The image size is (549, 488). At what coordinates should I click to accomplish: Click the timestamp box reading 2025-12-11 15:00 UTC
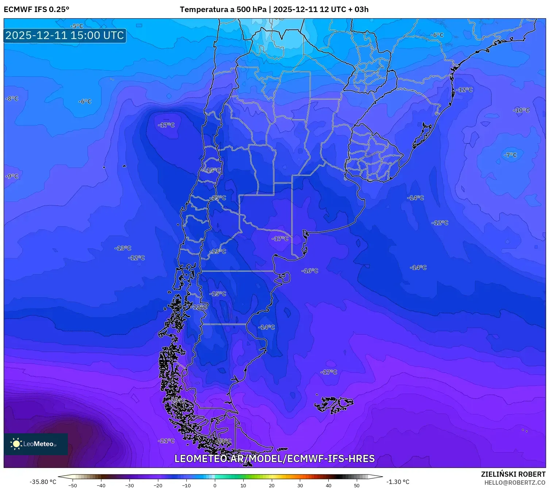65,35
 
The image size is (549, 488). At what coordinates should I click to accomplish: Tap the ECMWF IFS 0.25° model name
36,9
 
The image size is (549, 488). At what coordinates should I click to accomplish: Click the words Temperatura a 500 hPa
223,9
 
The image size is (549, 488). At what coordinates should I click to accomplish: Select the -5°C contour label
77,26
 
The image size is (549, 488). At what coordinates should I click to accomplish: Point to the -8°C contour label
12,98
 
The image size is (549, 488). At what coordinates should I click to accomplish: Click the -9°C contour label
12,176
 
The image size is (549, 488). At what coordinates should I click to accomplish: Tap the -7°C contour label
511,155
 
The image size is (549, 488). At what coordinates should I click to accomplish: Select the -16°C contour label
310,271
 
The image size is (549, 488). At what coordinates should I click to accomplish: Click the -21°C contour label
166,441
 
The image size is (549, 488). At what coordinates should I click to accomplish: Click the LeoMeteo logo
36,444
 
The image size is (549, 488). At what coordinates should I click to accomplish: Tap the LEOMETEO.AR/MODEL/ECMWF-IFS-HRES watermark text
274,458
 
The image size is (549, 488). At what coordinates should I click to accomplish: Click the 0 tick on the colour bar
215,485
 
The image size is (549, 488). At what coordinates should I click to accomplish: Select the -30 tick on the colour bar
129,485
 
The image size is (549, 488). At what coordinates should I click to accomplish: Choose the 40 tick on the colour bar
328,485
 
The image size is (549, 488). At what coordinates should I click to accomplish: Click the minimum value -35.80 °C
43,482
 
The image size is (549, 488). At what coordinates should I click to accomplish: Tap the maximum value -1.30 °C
398,482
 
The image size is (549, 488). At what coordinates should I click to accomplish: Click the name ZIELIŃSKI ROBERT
513,474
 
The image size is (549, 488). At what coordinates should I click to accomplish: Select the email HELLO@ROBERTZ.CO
515,483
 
